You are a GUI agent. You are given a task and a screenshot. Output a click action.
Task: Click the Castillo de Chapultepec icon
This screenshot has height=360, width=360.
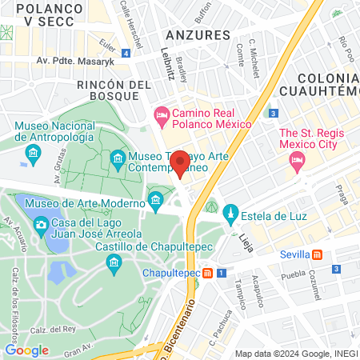(x=115, y=263)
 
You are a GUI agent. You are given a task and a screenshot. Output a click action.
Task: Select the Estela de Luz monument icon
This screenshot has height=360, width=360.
(x=230, y=213)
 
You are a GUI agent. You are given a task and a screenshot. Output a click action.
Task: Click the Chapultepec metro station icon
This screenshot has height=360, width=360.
(x=207, y=273)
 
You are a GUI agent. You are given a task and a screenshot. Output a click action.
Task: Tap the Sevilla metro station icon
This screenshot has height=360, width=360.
(x=318, y=254)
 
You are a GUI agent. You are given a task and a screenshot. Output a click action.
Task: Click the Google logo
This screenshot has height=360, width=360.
(x=26, y=350)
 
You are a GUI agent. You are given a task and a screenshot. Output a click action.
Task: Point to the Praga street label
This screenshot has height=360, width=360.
(x=341, y=194)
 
